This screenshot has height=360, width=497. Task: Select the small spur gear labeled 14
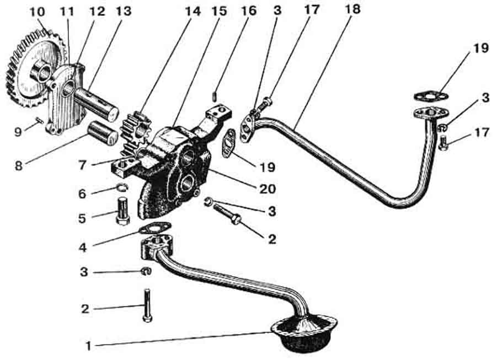click(135, 132)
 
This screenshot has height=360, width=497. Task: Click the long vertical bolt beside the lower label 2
click(147, 305)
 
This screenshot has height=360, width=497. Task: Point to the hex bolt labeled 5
click(123, 211)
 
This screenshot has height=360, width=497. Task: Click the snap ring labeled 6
click(121, 187)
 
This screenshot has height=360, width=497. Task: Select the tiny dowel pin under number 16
click(215, 96)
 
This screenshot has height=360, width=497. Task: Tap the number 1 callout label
click(89, 346)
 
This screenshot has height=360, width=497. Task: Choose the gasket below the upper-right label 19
click(432, 96)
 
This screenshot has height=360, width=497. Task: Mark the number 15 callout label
click(218, 11)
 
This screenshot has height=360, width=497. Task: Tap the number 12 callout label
click(97, 12)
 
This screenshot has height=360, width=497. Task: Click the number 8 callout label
click(19, 165)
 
